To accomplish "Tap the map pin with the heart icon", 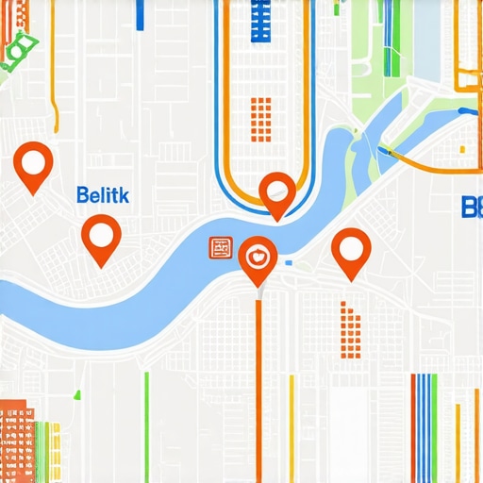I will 257,256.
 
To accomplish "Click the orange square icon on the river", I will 222,248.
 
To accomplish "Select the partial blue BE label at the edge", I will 471,207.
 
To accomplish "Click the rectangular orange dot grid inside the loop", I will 260,118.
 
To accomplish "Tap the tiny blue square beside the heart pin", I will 289,262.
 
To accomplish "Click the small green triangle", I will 78,393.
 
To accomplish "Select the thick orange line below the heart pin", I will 258,387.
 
